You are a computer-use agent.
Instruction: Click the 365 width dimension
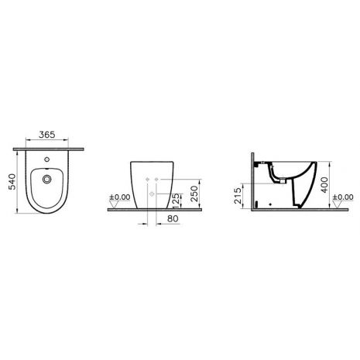[47, 135]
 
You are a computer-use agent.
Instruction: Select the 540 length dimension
[12, 182]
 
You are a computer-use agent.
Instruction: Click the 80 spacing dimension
[173, 218]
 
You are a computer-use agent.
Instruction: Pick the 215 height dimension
[238, 196]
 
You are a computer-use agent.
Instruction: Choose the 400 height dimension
[324, 184]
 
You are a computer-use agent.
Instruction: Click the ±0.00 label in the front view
[120, 197]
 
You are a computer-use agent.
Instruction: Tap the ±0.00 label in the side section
[343, 197]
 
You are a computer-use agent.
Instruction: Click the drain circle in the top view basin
[47, 179]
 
